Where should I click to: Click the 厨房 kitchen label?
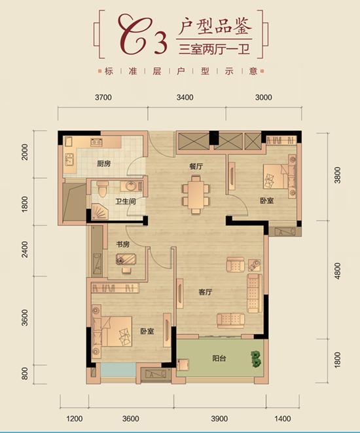tap(103, 164)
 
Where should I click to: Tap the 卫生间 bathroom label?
tap(126, 201)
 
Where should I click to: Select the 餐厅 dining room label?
tap(196, 166)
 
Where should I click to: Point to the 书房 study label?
tap(123, 244)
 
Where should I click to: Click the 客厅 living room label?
tap(206, 292)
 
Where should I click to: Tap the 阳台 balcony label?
tap(219, 358)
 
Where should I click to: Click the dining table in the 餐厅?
tap(196, 195)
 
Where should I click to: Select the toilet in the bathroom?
tap(103, 189)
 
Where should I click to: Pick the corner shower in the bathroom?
tap(100, 212)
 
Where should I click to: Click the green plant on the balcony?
tap(256, 359)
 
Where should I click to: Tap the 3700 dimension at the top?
tap(103, 97)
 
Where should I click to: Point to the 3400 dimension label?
tap(185, 97)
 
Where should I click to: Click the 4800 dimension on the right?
tap(337, 271)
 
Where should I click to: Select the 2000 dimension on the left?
tap(25, 151)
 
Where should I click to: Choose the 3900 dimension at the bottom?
tap(219, 419)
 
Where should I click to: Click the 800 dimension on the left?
tap(25, 373)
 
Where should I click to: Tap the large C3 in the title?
tap(143, 35)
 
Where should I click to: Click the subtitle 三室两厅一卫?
tap(214, 49)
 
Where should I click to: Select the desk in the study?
tap(126, 259)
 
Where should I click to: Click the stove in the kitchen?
tap(97, 142)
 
